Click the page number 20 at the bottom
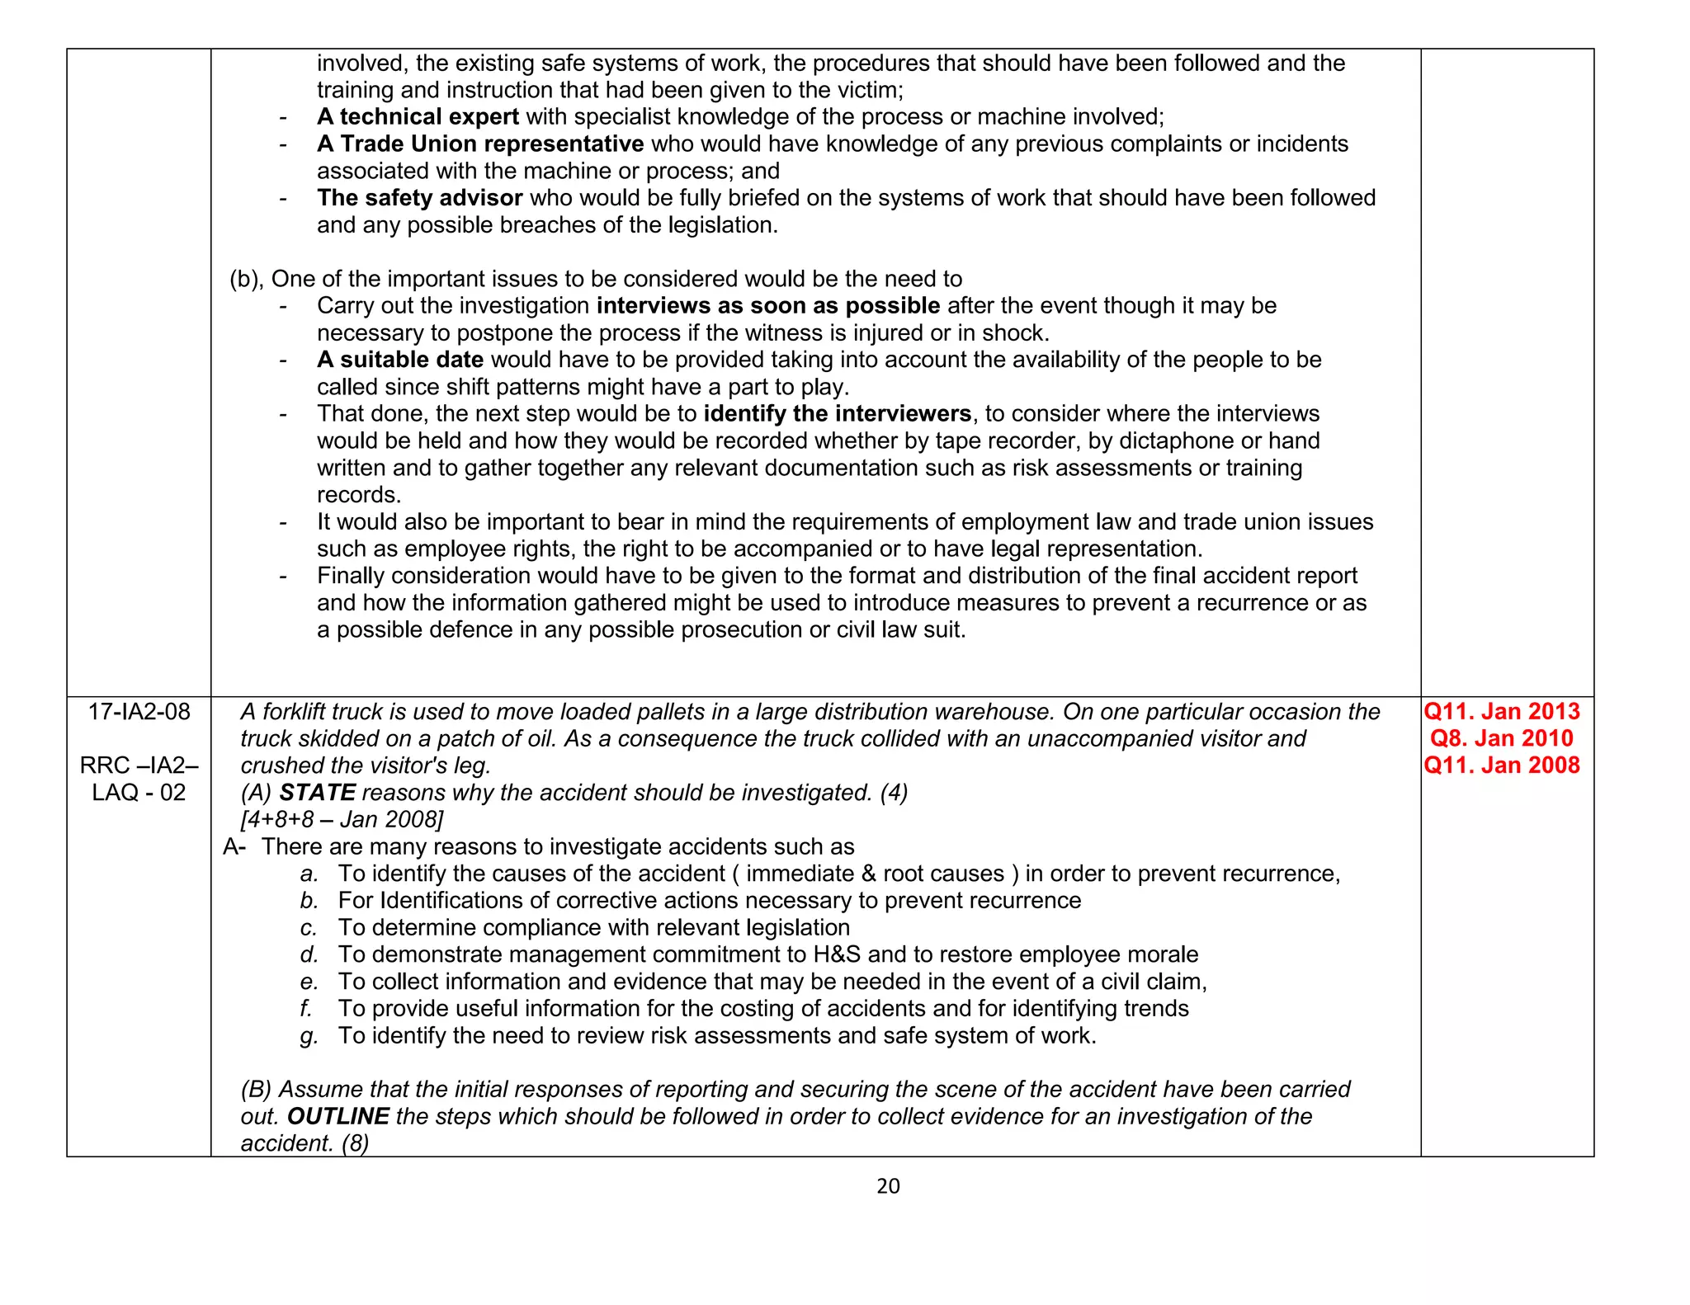(888, 1186)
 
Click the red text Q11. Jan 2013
(1502, 712)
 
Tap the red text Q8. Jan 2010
(1502, 738)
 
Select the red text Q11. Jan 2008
(1502, 766)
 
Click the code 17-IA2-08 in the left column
(139, 712)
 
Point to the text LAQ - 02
(139, 793)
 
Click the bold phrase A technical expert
(418, 117)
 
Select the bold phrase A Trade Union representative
(480, 144)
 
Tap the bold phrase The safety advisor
(419, 198)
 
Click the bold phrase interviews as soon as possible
(767, 306)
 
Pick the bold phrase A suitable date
(400, 360)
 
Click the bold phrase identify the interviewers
(837, 414)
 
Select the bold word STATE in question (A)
(317, 793)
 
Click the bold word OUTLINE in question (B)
(338, 1117)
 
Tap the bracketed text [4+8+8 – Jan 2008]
(342, 820)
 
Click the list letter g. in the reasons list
(309, 1036)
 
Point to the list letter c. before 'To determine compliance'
(309, 928)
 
